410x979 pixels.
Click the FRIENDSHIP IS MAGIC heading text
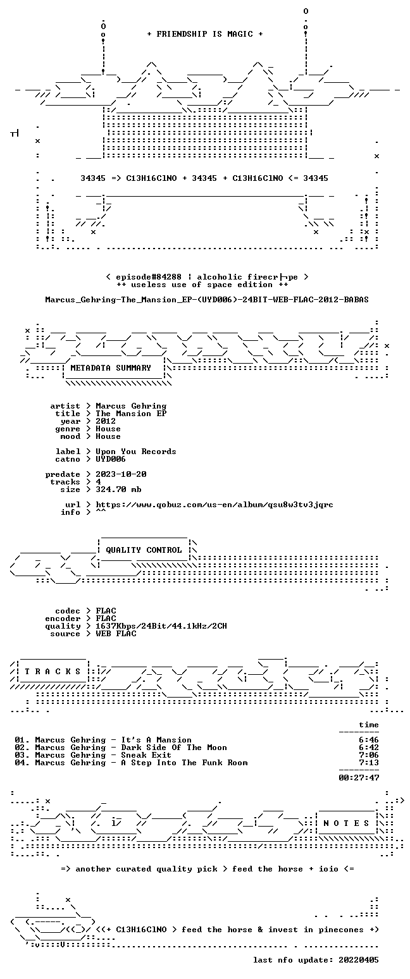click(205, 34)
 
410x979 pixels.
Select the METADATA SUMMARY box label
click(110, 368)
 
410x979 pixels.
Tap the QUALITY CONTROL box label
click(144, 550)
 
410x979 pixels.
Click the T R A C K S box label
click(53, 672)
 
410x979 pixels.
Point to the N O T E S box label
click(346, 823)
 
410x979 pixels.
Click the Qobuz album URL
click(214, 505)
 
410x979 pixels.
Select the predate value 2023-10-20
click(121, 474)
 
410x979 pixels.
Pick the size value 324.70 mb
click(118, 489)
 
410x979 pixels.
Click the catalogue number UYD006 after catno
click(111, 459)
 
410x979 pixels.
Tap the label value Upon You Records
click(136, 452)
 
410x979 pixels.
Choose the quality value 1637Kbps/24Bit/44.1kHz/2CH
click(161, 626)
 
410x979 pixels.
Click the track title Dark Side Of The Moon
click(174, 748)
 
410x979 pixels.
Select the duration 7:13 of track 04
click(369, 763)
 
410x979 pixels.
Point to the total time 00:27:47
click(359, 778)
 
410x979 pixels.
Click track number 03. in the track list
click(22, 755)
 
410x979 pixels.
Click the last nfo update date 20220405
click(358, 960)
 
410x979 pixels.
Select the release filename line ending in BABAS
click(207, 300)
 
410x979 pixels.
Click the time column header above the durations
click(369, 725)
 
